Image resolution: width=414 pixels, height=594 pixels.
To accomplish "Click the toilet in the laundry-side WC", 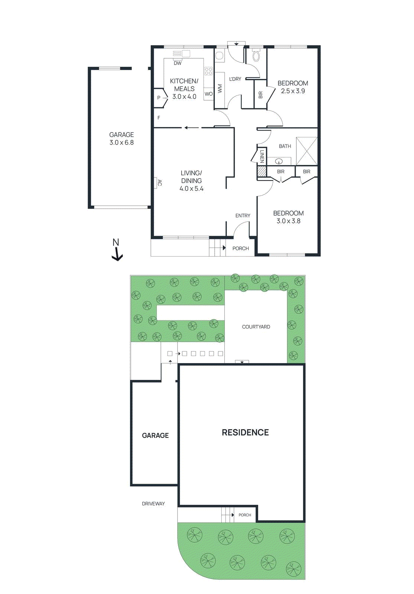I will (256, 56).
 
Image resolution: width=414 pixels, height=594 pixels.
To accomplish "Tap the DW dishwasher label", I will (178, 63).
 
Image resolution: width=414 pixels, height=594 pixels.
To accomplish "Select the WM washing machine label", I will (220, 88).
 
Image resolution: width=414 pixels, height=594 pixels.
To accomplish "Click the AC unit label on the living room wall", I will (159, 183).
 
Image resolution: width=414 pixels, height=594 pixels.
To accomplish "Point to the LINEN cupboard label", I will (262, 156).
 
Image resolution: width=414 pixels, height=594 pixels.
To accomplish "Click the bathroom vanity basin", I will (278, 161).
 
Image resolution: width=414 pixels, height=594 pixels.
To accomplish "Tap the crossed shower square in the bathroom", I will (307, 151).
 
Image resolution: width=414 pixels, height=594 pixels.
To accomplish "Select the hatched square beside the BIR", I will (262, 171).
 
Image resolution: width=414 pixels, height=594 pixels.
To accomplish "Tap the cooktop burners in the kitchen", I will (208, 71).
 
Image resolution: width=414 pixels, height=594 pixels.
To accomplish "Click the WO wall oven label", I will (208, 94).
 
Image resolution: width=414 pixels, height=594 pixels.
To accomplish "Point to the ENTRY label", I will (242, 216).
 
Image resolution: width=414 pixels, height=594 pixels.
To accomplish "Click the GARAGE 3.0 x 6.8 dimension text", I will (121, 143).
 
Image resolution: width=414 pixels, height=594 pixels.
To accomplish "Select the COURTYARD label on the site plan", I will (256, 327).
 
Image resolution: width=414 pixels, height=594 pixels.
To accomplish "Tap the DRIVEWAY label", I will (153, 504).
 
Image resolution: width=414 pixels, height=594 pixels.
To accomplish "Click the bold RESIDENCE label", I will (245, 433).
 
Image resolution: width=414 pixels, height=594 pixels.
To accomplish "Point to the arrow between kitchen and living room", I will (192, 128).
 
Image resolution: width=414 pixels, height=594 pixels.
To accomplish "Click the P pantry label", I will (159, 98).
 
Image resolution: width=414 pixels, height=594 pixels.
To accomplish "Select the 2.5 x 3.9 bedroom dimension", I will (293, 91).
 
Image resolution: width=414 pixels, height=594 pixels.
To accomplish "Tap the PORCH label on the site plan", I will (245, 515).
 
